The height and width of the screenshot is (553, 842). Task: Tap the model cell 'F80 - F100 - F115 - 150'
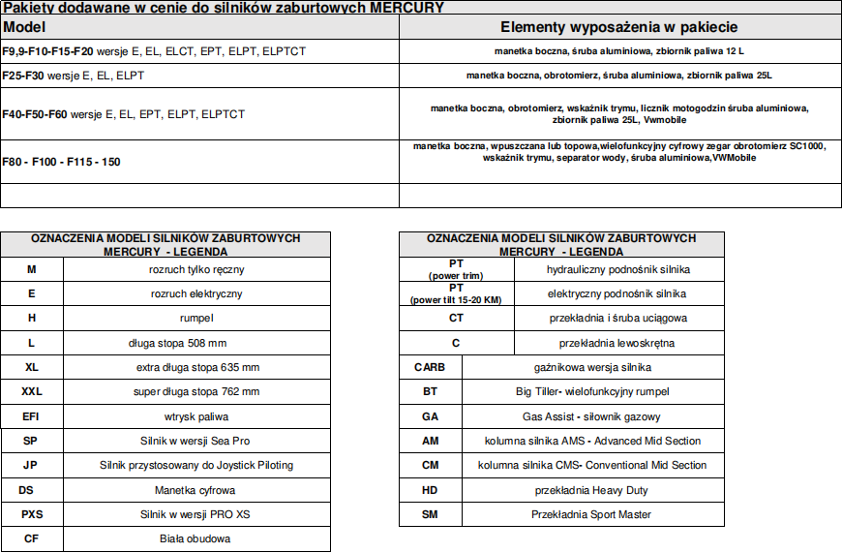point(62,162)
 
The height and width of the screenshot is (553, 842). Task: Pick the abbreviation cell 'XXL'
point(32,392)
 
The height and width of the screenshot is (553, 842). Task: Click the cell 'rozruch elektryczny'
point(196,293)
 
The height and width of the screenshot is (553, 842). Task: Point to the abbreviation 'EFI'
point(32,416)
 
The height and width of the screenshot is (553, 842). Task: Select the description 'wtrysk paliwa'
point(196,416)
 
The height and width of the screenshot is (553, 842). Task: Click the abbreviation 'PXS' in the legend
point(32,514)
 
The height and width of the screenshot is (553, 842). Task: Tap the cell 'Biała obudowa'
point(196,538)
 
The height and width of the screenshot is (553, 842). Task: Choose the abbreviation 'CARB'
point(431,367)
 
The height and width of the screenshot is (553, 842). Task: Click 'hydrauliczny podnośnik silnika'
point(618,269)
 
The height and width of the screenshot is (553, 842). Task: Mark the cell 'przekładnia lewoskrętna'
point(617,343)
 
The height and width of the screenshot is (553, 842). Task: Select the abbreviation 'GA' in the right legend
point(431,416)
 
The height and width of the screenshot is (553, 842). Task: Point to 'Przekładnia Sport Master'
point(591,514)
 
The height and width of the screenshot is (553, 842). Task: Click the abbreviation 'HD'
point(431,490)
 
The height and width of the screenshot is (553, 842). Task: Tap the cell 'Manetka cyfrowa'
point(196,490)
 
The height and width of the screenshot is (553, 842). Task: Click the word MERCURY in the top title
point(408,8)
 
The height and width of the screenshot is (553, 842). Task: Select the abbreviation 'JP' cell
point(32,465)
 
